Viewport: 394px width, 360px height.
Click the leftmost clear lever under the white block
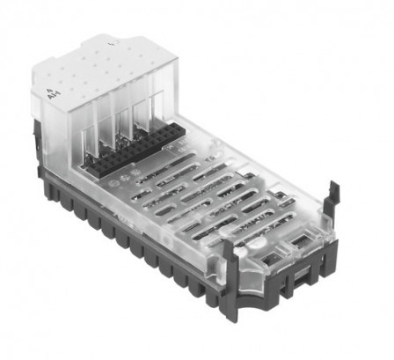pos(93,132)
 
